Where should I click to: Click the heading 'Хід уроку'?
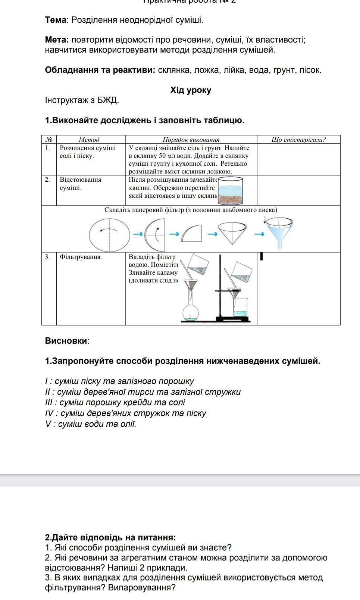[191, 90]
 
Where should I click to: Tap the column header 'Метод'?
[89, 140]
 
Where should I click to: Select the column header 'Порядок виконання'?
[191, 140]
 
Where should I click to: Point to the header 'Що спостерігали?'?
[298, 140]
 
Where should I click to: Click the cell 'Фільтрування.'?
[81, 257]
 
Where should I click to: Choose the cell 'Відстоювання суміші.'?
[80, 184]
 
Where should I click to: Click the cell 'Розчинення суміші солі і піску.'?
[88, 152]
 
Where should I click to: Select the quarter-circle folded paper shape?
[192, 234]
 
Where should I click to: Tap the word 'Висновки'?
[66, 341]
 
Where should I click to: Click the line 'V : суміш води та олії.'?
[91, 424]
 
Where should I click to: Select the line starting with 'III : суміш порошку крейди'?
[115, 403]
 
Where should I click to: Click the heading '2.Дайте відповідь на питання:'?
[110, 537]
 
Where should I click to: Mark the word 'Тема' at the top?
[55, 20]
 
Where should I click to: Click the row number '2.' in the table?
[47, 179]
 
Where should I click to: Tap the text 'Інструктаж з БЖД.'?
[82, 100]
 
